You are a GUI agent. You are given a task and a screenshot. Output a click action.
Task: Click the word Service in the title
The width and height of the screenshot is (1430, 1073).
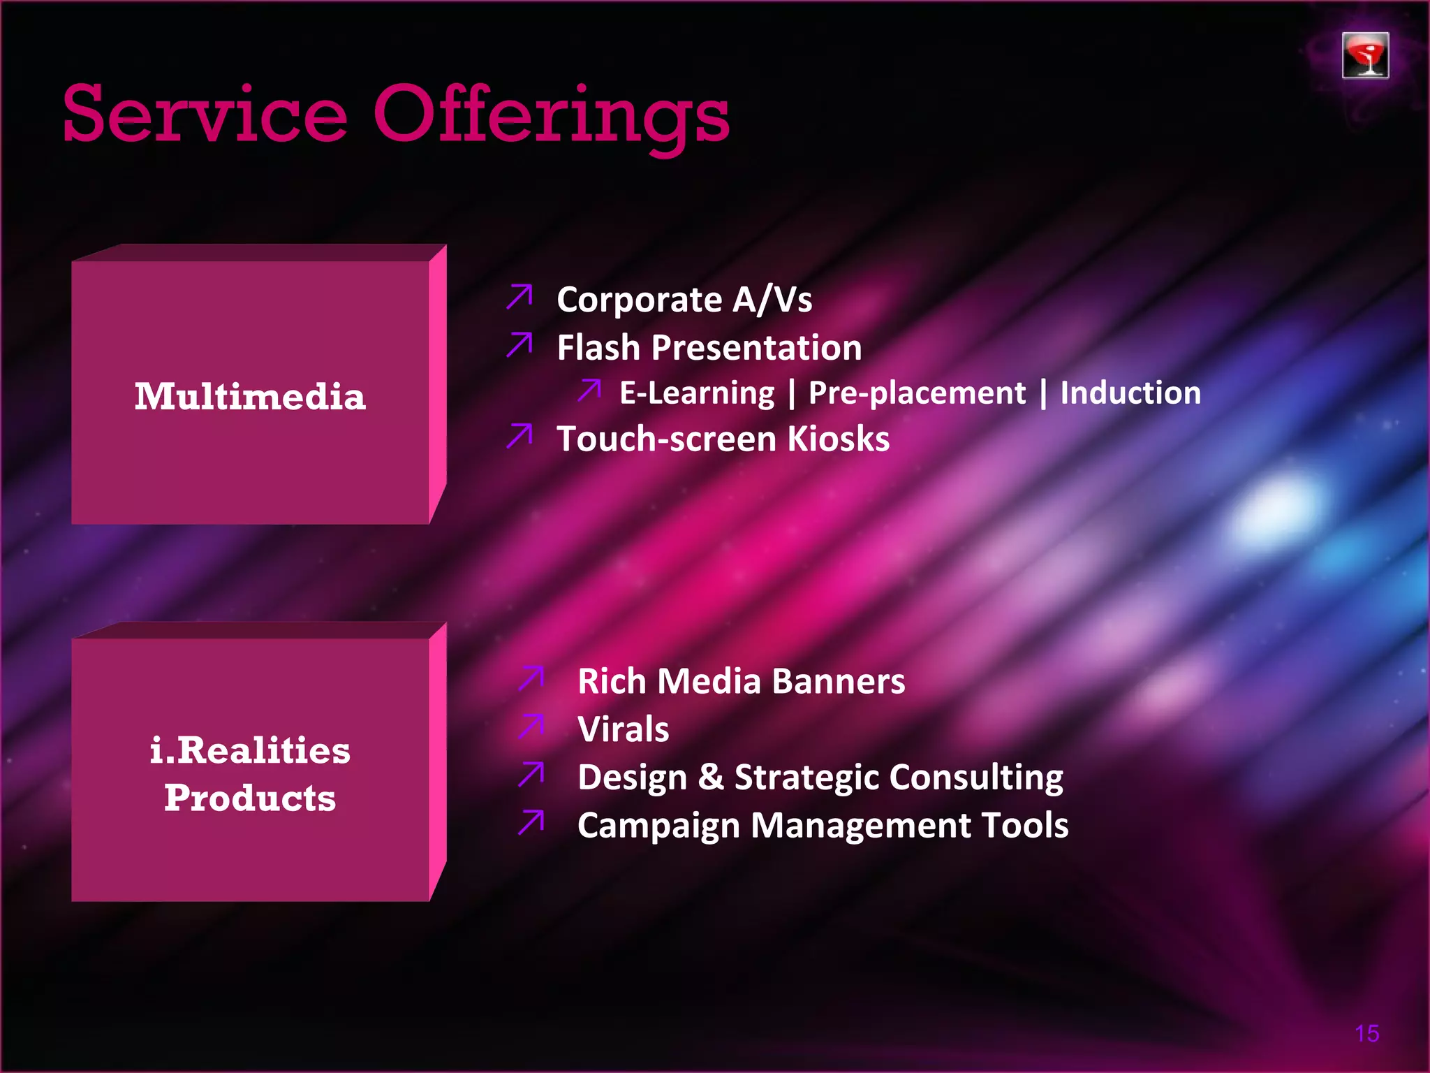click(x=205, y=114)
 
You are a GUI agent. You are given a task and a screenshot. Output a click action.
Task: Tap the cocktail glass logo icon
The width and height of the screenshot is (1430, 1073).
click(x=1365, y=55)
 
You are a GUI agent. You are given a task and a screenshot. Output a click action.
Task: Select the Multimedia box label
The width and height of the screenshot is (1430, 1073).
click(x=250, y=396)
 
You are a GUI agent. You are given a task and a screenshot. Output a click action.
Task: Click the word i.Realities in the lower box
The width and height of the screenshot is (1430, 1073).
click(x=250, y=750)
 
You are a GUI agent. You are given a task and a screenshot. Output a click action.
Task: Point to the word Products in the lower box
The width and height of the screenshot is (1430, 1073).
click(x=250, y=798)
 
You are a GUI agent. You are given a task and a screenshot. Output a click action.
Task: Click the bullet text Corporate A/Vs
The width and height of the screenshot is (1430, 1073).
click(x=684, y=300)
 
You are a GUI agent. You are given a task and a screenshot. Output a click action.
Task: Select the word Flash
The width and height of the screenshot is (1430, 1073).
click(x=598, y=347)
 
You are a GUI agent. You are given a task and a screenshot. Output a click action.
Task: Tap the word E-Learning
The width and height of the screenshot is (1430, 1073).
click(x=697, y=393)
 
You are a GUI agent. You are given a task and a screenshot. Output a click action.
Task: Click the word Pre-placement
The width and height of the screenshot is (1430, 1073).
click(x=917, y=393)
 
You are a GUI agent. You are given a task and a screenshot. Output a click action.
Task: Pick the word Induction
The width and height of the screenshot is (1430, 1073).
click(x=1130, y=393)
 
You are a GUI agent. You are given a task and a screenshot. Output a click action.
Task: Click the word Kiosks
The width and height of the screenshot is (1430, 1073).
click(x=839, y=439)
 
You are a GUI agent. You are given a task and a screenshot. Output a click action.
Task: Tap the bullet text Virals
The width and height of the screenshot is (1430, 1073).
click(x=623, y=729)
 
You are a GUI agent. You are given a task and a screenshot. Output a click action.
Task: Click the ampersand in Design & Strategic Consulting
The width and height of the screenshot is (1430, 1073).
click(x=711, y=777)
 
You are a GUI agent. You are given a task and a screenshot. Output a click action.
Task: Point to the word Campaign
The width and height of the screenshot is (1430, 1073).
click(x=658, y=826)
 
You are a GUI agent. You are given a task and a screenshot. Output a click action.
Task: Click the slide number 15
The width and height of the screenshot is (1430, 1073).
click(x=1366, y=1033)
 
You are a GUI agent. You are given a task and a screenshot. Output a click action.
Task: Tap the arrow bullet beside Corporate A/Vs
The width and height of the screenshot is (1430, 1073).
click(x=519, y=296)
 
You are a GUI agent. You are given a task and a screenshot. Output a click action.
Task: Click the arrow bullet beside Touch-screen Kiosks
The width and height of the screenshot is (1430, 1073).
click(x=519, y=435)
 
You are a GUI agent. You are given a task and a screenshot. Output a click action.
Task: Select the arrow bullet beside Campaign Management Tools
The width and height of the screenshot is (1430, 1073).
click(x=531, y=822)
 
